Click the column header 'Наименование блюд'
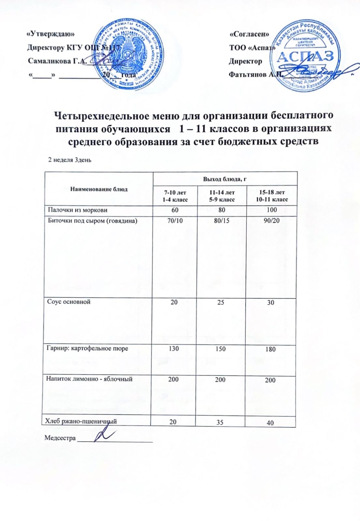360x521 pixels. [x=99, y=189]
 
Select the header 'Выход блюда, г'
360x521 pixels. [x=225, y=179]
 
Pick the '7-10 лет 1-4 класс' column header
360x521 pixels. [x=175, y=196]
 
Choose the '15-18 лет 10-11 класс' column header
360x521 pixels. [x=272, y=196]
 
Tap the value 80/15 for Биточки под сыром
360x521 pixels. [x=221, y=221]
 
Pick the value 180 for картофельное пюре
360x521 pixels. [x=270, y=349]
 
